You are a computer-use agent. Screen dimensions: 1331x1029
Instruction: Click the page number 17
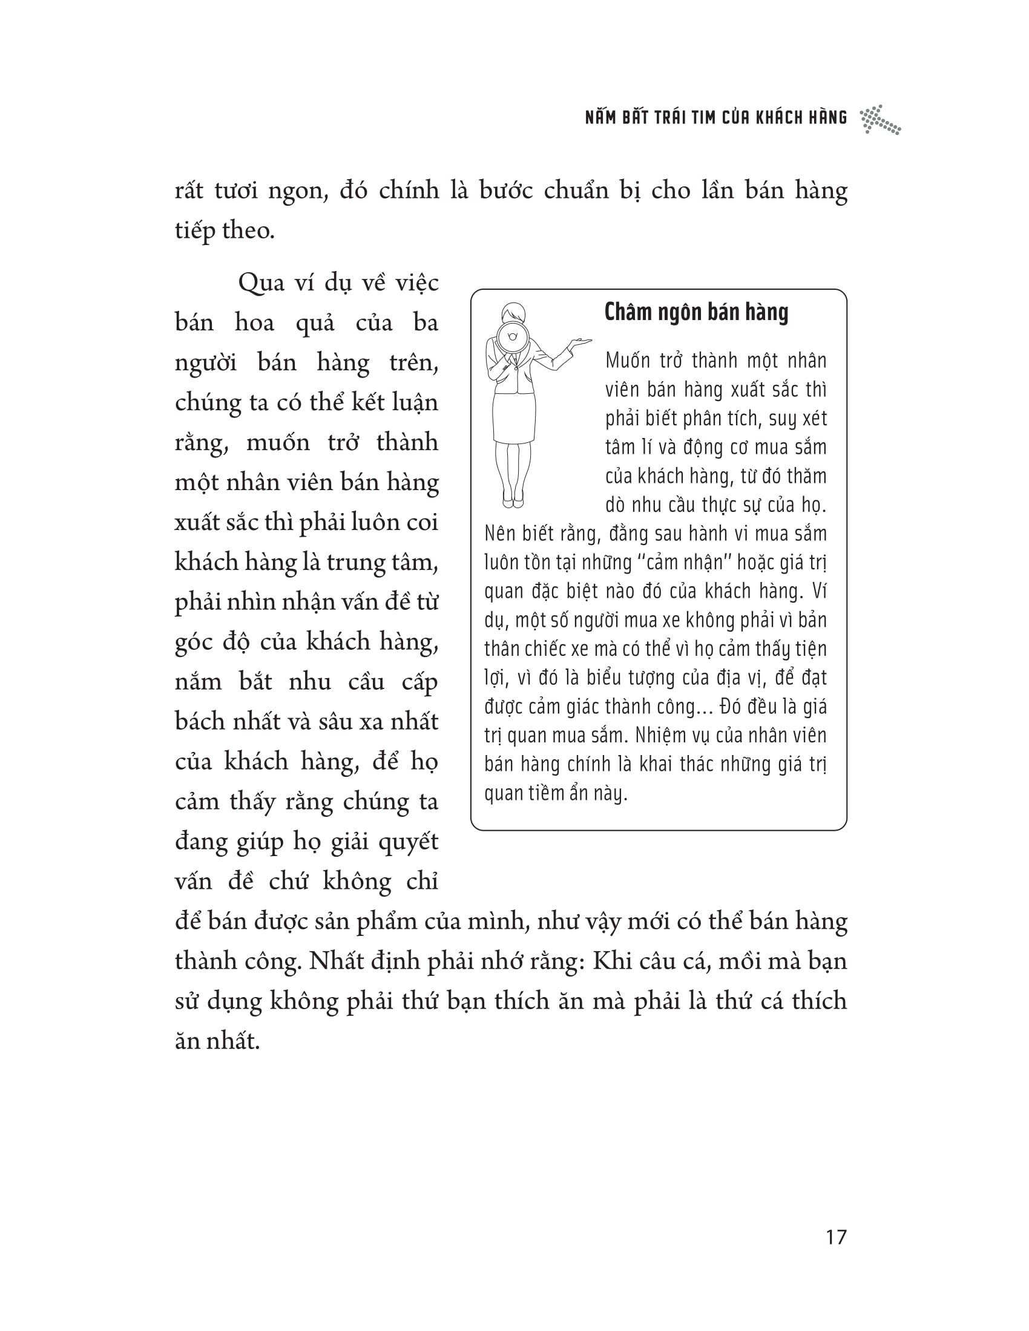pos(836,1237)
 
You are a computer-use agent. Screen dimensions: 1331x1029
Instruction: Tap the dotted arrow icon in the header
pos(879,119)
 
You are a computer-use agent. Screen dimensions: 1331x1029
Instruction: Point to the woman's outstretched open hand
pos(579,342)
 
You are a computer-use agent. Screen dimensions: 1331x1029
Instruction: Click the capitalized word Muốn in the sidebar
pos(628,361)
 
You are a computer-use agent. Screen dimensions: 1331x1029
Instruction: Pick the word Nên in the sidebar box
pos(499,533)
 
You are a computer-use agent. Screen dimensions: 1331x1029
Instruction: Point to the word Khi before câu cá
pos(613,962)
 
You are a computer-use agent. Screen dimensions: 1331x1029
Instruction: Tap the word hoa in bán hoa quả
pos(254,323)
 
